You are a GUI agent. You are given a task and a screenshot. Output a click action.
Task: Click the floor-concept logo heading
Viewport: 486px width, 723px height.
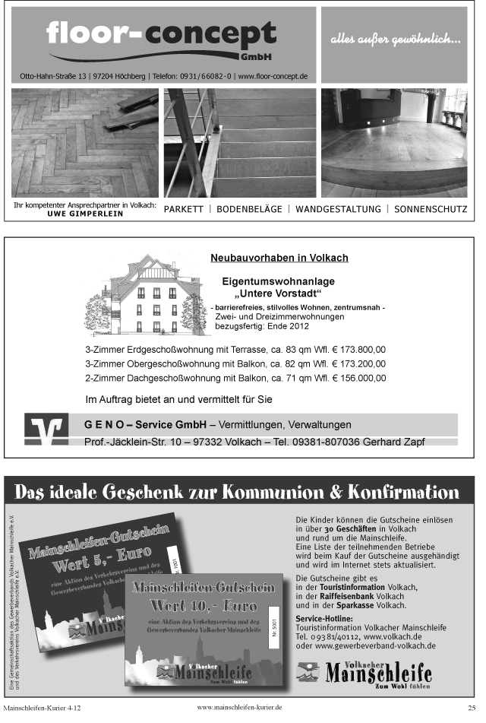tap(161, 36)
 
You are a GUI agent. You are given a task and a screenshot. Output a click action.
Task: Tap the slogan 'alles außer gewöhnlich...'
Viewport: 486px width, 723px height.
tap(395, 40)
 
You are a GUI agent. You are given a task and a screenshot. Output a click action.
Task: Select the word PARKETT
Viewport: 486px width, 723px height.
tap(184, 209)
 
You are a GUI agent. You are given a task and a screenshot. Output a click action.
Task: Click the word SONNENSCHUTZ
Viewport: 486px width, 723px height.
tap(431, 209)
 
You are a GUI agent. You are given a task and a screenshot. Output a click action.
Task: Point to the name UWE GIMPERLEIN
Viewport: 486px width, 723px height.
tap(85, 214)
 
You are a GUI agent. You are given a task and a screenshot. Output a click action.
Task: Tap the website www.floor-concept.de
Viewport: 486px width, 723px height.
tap(272, 76)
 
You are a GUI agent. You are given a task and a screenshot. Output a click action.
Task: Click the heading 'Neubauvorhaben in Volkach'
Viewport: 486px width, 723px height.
tap(279, 258)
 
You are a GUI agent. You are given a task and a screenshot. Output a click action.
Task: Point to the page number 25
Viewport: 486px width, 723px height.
tap(472, 708)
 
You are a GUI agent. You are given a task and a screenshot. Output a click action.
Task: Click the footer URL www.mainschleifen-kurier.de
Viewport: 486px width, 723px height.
tap(240, 707)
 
